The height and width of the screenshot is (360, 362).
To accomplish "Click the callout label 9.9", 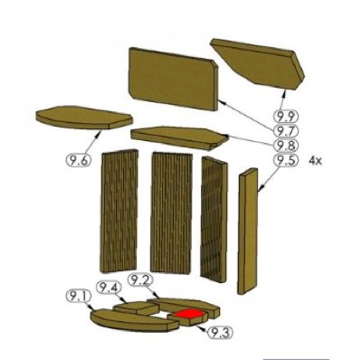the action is point(286,116).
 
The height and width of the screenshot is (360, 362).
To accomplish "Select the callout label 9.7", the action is point(286,131).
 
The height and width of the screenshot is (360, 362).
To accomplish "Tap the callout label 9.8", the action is point(286,146).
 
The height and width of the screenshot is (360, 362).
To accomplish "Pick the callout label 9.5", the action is point(286,160).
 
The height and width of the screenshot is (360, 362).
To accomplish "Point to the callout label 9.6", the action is point(78,159).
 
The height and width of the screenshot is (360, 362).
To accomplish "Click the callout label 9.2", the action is point(140,280).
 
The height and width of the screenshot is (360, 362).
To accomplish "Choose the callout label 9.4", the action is point(109,288).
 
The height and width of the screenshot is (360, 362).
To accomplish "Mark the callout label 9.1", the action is point(78,296).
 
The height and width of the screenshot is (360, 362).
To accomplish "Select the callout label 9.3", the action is point(221,333).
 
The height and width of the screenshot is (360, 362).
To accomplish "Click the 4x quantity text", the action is point(315,161).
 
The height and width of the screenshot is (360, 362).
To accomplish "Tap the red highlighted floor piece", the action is point(189,314).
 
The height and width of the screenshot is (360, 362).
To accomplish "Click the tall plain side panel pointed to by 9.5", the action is point(248,232).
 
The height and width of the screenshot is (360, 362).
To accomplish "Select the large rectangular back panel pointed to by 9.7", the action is point(173,79).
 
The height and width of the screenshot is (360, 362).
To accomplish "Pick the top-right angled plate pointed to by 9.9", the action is point(260,64).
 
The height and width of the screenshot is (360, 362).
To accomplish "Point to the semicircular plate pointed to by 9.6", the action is point(84,118).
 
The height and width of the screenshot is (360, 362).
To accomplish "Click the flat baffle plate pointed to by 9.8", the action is point(179,137).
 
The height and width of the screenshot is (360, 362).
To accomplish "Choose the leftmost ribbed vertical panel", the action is point(119,211).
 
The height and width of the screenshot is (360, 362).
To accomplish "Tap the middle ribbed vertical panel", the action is point(171,213).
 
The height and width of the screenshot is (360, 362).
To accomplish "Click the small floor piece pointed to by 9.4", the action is point(137,308).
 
